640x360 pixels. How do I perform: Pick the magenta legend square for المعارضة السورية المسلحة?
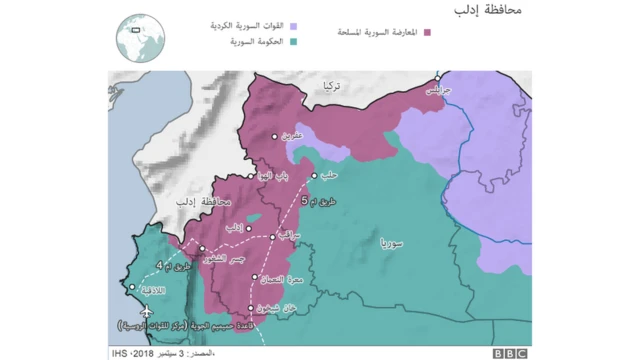(426, 32)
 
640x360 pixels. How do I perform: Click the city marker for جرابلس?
(437, 76)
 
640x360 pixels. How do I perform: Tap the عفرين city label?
(289, 137)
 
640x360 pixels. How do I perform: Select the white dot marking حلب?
(314, 176)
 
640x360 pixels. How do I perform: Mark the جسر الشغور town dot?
(202, 249)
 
